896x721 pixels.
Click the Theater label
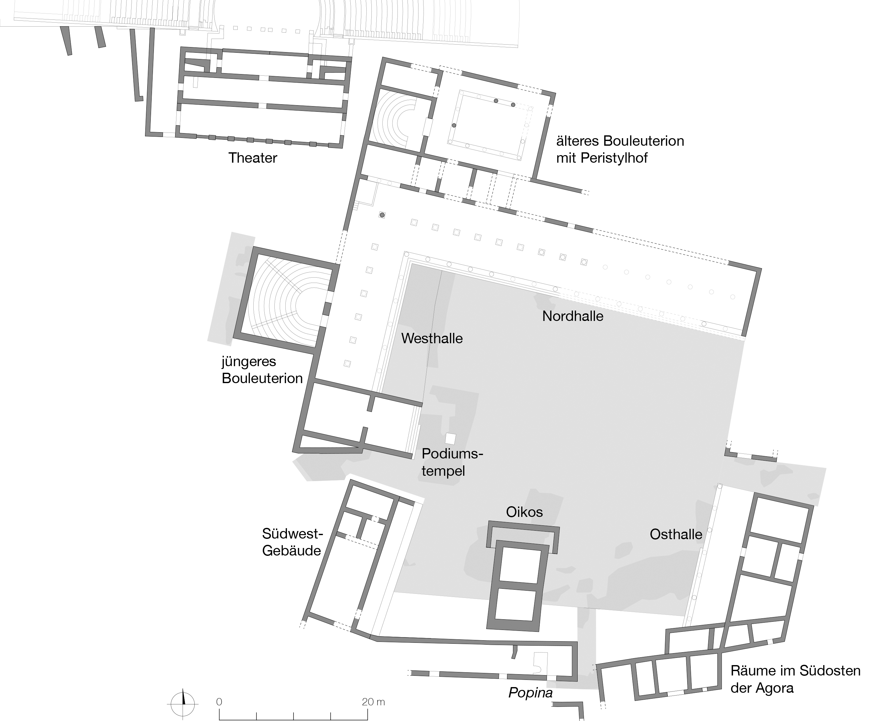point(252,158)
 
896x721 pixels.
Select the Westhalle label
point(431,339)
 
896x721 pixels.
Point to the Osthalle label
point(676,534)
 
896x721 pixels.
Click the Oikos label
point(524,512)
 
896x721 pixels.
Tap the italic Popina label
point(530,693)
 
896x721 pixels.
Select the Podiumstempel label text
point(452,462)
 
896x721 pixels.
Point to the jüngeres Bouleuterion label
point(262,370)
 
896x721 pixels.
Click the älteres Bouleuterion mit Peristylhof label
point(620,149)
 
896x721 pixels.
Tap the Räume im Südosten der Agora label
point(795,680)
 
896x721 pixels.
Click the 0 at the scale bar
point(219,702)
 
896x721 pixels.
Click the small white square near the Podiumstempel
point(450,439)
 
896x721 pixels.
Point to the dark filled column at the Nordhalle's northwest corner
point(382,215)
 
